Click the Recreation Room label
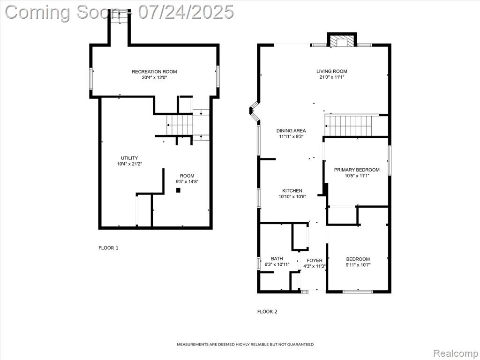[x=154, y=72]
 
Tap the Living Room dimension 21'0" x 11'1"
[x=332, y=77]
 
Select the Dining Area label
[x=291, y=131]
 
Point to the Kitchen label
[x=292, y=191]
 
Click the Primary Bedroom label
[x=357, y=170]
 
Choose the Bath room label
[x=277, y=259]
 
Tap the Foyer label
[x=315, y=261]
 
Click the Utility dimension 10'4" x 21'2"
[x=129, y=164]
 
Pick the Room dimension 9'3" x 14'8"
[x=187, y=181]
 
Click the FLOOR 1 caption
[x=108, y=248]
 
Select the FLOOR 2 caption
[x=267, y=312]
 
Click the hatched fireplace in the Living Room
[x=342, y=42]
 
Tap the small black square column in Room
[x=178, y=190]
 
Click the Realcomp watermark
[x=456, y=353]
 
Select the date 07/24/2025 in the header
[x=186, y=12]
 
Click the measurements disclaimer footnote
[x=245, y=345]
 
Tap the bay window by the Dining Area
[x=254, y=112]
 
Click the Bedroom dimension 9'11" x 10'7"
[x=358, y=265]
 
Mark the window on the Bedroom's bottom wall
[x=358, y=292]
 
